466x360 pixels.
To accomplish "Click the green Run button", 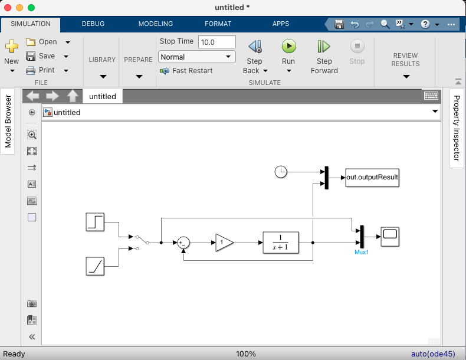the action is (x=288, y=47).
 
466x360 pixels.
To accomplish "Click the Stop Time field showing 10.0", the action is (x=216, y=42).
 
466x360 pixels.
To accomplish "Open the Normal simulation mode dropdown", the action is (x=197, y=57).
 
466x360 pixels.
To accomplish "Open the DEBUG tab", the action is (x=93, y=24).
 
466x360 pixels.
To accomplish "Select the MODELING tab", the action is (x=156, y=24).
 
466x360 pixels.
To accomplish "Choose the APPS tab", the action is (x=281, y=24).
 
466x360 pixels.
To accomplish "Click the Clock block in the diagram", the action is (x=281, y=172).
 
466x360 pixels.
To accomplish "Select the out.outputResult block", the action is (x=372, y=177).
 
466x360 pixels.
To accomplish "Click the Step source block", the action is (x=95, y=222).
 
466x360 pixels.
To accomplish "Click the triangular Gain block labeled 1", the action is (x=224, y=243).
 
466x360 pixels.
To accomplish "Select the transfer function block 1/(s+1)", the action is (x=281, y=243).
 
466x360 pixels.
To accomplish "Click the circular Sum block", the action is (x=183, y=243).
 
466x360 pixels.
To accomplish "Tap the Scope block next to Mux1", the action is (x=390, y=237).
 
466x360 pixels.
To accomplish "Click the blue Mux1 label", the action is (x=361, y=253).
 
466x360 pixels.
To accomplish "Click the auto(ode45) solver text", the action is (x=433, y=354).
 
